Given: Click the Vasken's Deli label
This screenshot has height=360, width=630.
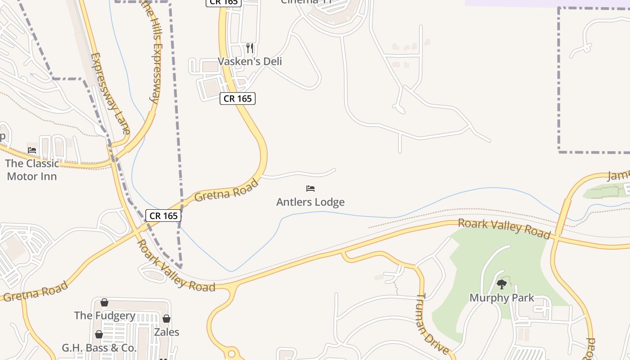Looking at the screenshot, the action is (x=250, y=61).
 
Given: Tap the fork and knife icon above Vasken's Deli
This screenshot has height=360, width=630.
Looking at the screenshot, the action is (x=250, y=48).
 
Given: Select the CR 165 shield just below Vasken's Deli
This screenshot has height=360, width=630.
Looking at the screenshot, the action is (x=238, y=99).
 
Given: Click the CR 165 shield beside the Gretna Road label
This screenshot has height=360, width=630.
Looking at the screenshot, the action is (x=163, y=216).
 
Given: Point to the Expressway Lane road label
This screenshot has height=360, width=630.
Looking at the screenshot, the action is (x=110, y=94).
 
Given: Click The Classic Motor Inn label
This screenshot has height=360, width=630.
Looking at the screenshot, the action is (x=32, y=170).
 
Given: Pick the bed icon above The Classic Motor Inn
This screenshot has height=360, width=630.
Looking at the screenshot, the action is (x=31, y=150).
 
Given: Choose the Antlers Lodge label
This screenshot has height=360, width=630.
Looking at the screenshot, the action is (x=310, y=202).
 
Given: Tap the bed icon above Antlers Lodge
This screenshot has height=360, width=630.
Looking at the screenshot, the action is (x=310, y=189).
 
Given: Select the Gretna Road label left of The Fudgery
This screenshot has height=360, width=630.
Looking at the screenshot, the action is (x=36, y=291).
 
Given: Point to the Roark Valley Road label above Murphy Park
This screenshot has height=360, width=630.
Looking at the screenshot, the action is (x=504, y=228).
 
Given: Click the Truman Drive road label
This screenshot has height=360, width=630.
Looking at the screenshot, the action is (x=432, y=324).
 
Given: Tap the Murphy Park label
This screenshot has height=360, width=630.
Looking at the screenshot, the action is (x=502, y=298).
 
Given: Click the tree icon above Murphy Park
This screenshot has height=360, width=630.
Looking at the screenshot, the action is (x=502, y=284).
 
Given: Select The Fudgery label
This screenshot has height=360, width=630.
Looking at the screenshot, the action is (x=105, y=315).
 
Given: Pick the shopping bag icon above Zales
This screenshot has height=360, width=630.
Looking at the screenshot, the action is (x=166, y=319).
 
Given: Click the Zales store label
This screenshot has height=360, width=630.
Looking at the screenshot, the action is (x=166, y=332).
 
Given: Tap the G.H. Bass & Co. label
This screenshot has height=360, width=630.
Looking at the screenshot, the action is (x=99, y=348).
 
